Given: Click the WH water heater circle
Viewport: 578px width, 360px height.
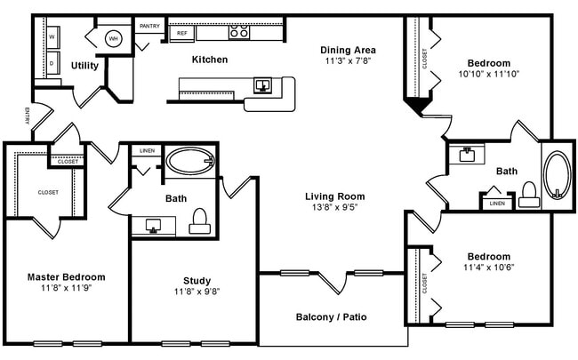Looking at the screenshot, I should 114,38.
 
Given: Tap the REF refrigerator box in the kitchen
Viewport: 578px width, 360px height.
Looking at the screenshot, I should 181,33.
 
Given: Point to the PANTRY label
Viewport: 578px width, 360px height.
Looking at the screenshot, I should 149,26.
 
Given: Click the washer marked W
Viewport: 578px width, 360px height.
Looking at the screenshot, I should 52,37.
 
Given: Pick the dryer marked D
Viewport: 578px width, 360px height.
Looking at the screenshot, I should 52,64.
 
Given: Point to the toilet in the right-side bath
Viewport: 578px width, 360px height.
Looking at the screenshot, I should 529,195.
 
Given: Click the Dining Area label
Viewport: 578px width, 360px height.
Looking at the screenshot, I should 349,50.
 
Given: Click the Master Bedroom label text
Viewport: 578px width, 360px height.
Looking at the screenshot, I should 66,276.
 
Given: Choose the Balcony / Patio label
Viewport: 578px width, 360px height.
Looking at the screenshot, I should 331,316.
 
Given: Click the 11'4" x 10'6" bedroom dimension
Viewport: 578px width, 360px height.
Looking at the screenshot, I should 489,268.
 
